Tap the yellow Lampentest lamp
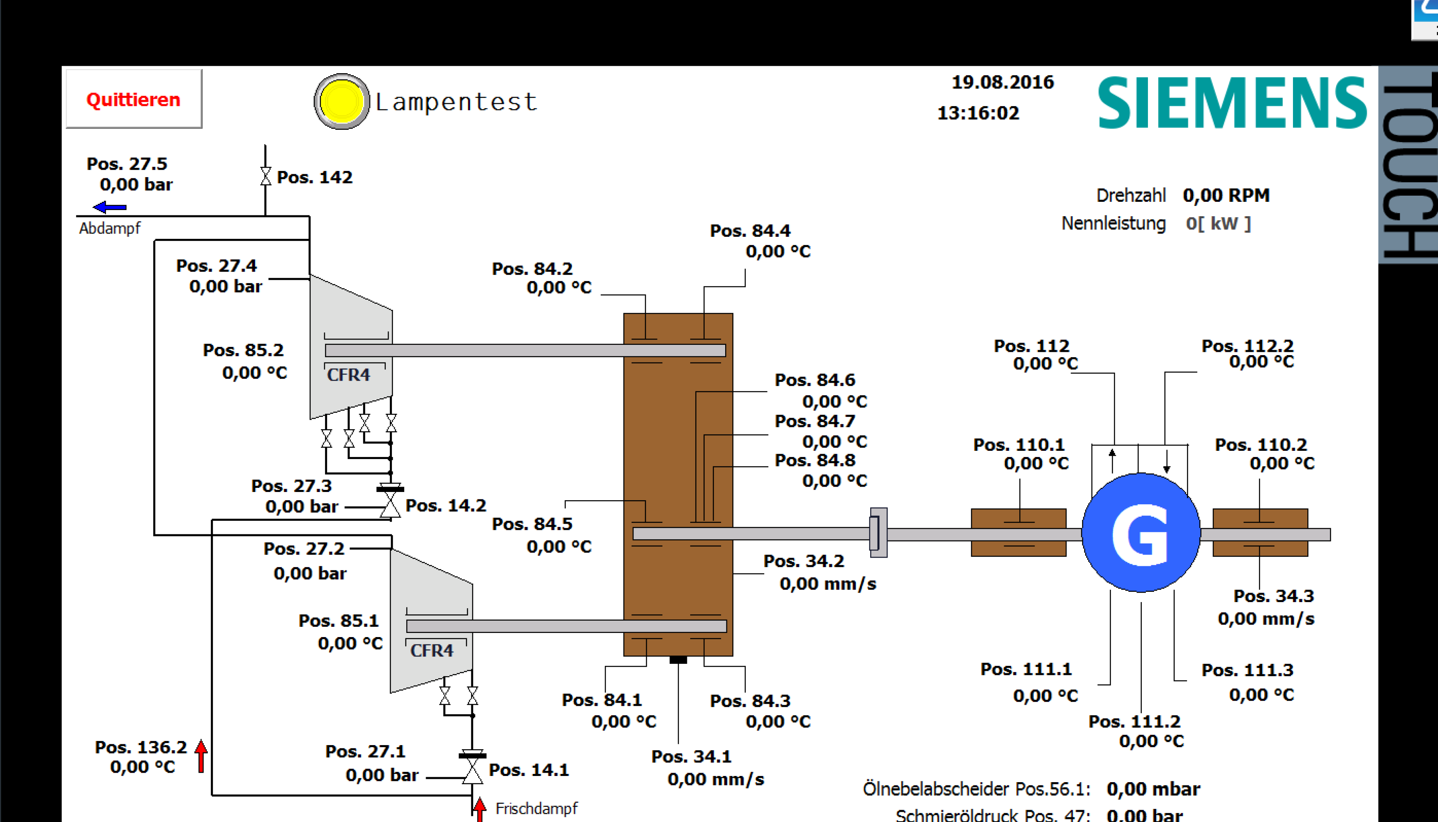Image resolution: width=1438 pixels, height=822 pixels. point(341,102)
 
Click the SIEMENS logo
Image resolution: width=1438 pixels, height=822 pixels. point(1231,103)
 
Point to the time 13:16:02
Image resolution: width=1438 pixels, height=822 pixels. point(978,113)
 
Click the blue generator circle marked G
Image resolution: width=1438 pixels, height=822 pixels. point(1141,533)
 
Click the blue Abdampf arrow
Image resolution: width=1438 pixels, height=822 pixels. point(110,207)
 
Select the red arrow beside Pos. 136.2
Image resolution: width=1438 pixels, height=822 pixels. point(201,756)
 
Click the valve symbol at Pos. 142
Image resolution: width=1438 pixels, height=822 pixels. point(265,176)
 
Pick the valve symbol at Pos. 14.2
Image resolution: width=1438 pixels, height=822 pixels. point(390,504)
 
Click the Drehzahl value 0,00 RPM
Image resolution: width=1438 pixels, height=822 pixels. point(1226,195)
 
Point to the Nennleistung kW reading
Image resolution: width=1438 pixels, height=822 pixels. point(1218,224)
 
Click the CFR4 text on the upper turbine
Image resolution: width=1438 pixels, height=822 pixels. point(348,375)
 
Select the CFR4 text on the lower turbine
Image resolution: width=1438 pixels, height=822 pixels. point(432,650)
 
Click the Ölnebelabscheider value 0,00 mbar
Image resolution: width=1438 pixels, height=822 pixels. point(1153,789)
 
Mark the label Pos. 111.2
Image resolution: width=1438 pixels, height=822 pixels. point(1134,721)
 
